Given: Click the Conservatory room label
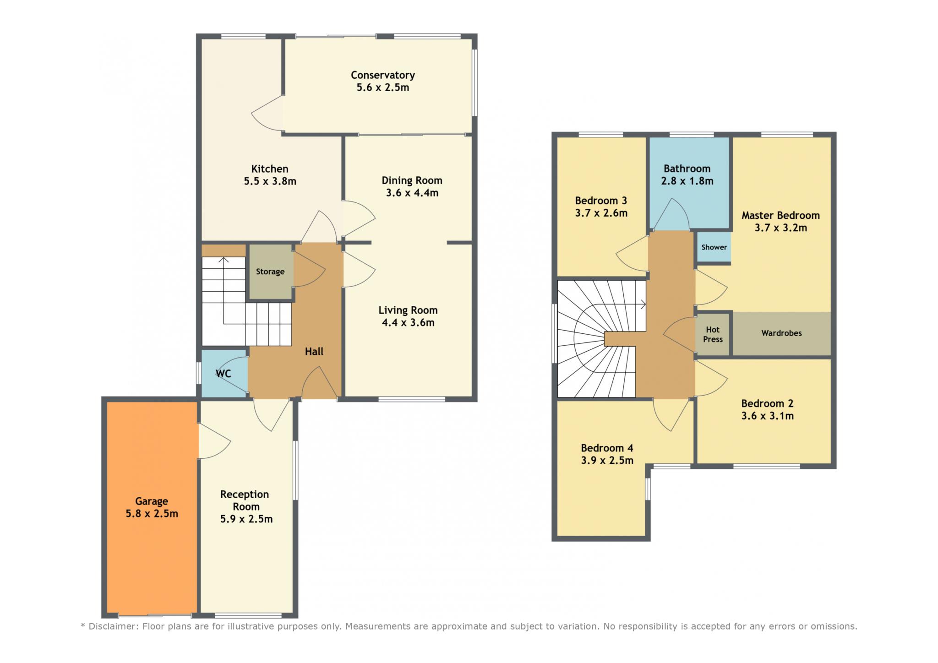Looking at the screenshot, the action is pyautogui.click(x=383, y=75).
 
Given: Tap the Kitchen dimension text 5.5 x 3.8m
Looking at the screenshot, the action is pyautogui.click(x=270, y=181).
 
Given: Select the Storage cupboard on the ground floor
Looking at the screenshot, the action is pyautogui.click(x=270, y=272).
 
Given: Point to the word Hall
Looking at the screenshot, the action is pyautogui.click(x=314, y=352).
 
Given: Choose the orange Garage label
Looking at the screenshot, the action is pyautogui.click(x=152, y=501).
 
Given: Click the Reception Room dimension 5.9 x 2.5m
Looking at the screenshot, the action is pyautogui.click(x=246, y=519).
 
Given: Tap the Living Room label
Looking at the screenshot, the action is pyautogui.click(x=408, y=310).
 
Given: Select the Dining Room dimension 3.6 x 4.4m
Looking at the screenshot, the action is pyautogui.click(x=412, y=193).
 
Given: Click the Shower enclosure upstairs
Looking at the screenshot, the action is pyautogui.click(x=714, y=247).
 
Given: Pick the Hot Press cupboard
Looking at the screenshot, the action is pyautogui.click(x=713, y=334).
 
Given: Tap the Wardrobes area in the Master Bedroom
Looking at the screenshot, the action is pyautogui.click(x=781, y=333).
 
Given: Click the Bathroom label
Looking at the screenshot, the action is pyautogui.click(x=687, y=168).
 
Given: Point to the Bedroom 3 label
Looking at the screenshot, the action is pyautogui.click(x=601, y=201).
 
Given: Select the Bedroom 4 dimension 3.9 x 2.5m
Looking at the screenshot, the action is pyautogui.click(x=607, y=461).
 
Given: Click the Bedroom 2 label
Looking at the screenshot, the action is pyautogui.click(x=767, y=404).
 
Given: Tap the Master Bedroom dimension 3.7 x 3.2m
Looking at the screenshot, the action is pyautogui.click(x=781, y=228).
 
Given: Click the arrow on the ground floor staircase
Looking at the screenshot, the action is pyautogui.click(x=224, y=291).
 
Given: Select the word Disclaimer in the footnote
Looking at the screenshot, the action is pyautogui.click(x=113, y=626).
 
